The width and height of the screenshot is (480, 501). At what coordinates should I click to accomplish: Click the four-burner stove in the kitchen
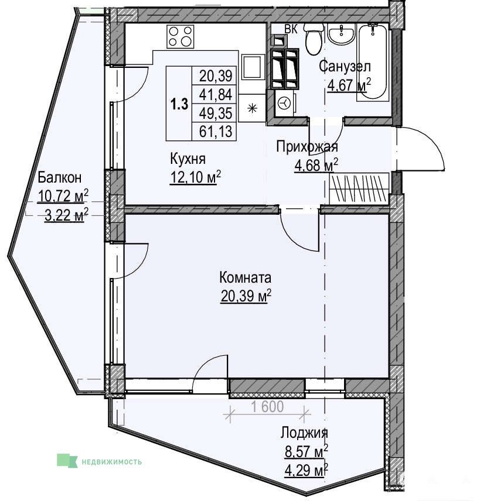181,36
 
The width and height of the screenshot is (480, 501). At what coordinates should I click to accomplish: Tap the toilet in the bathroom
314,39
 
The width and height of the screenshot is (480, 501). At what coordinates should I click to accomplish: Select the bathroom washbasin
342,34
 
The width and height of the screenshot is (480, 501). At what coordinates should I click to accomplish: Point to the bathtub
373,62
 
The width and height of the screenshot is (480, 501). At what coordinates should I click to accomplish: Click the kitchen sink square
253,67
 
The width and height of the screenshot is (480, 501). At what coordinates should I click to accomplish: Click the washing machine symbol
284,102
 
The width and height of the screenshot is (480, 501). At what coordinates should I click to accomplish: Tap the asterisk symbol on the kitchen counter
253,109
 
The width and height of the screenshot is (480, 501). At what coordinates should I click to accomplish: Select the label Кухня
188,159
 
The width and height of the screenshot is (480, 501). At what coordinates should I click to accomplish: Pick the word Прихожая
307,147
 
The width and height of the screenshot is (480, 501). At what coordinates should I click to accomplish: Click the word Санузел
345,66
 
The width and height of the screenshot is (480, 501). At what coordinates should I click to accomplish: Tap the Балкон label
60,177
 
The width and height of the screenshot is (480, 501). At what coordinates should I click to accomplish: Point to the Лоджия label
304,433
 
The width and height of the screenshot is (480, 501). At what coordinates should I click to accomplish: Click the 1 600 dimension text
267,407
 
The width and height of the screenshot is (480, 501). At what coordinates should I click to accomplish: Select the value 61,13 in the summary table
216,131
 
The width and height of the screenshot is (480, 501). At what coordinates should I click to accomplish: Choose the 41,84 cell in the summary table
216,95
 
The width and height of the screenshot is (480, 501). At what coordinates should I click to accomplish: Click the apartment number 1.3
179,104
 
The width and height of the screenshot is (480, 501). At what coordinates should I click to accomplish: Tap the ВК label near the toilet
291,29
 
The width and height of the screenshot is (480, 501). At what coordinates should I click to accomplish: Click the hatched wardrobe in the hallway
359,187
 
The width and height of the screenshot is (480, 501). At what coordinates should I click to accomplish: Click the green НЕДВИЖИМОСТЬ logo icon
67,461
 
